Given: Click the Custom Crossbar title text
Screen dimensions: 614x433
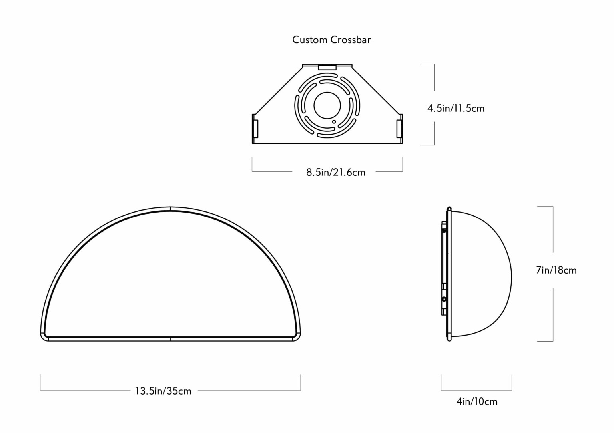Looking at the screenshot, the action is click(x=331, y=40).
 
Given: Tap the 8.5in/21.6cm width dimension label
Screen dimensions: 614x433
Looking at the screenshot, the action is click(x=336, y=172).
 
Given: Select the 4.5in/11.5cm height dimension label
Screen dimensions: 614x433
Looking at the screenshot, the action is click(x=456, y=109).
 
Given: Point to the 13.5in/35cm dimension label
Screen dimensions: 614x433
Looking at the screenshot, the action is click(x=163, y=391).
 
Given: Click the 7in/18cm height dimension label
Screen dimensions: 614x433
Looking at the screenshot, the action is click(x=556, y=270).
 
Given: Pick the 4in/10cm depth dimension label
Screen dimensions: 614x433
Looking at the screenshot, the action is click(x=477, y=401).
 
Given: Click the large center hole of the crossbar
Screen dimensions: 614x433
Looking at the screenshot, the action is click(x=327, y=105).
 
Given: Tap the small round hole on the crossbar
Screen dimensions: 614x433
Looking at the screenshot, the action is click(x=334, y=121).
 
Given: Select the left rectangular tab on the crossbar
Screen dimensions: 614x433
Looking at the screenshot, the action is click(x=255, y=129).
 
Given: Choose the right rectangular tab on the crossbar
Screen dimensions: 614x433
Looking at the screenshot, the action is click(x=399, y=129).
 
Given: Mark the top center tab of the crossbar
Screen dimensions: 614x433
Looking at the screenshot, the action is click(x=327, y=67).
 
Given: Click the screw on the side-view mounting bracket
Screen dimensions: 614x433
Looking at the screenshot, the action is click(x=444, y=299).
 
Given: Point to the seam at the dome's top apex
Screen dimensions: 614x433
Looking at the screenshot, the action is click(x=170, y=209).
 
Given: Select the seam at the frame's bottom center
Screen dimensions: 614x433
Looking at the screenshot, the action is click(x=170, y=339).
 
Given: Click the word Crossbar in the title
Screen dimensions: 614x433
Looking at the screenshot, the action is click(x=351, y=40).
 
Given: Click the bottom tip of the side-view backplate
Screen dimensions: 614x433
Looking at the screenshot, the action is click(x=449, y=340).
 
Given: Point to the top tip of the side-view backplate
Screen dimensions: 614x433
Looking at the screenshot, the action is click(x=449, y=207).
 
